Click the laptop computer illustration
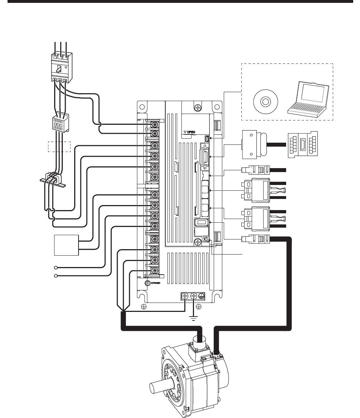pyautogui.click(x=308, y=99)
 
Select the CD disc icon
pyautogui.click(x=265, y=102)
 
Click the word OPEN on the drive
pyautogui.click(x=191, y=132)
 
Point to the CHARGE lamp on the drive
pyautogui.click(x=147, y=283)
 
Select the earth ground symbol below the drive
pyautogui.click(x=194, y=318)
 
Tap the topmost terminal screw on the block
pyautogui.click(x=155, y=124)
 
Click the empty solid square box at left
pyautogui.click(x=66, y=245)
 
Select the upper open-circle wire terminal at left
pyautogui.click(x=56, y=267)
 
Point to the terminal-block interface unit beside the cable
pyautogui.click(x=303, y=144)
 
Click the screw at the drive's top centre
pyautogui.click(x=198, y=108)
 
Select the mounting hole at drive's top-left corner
pyautogui.click(x=142, y=107)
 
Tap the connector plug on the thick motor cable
pyautogui.click(x=256, y=239)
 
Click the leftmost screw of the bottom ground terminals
pyautogui.click(x=185, y=296)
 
